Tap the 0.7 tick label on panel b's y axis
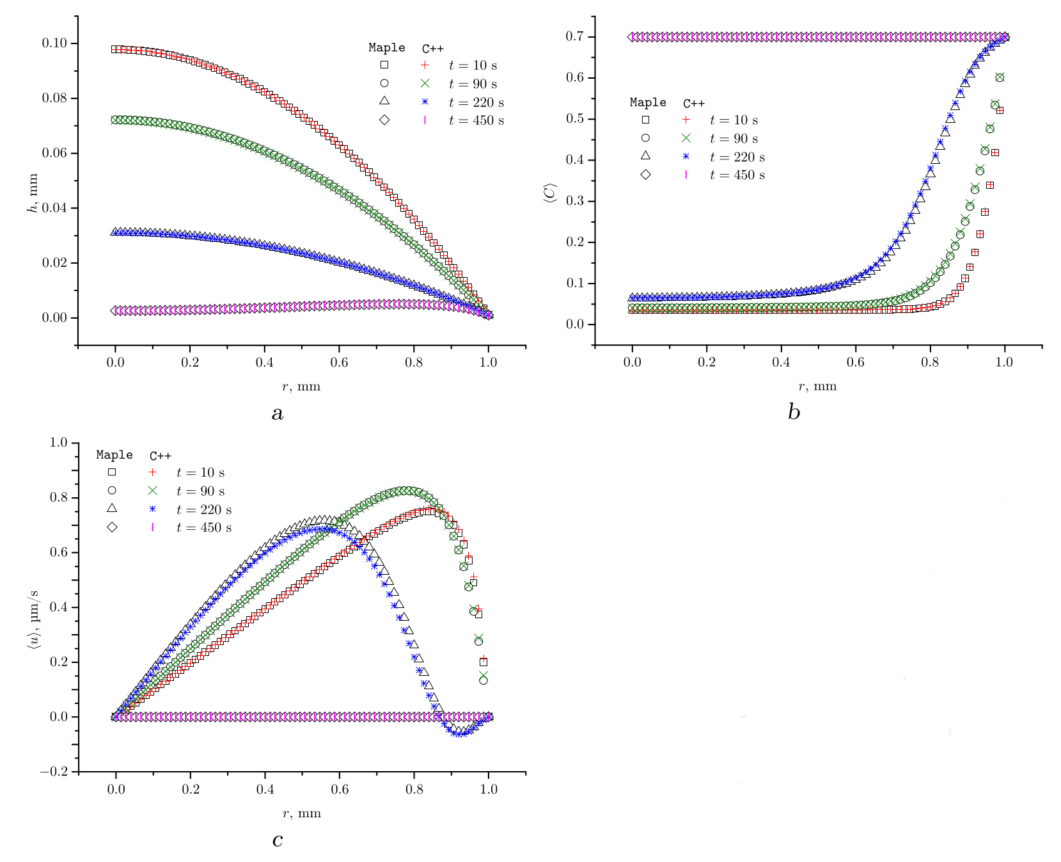575,36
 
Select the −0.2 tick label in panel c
54,772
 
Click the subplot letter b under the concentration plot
794,413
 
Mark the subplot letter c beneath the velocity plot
277,840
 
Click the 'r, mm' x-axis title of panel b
817,387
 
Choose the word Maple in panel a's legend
386,48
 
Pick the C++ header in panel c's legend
161,456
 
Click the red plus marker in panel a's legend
425,65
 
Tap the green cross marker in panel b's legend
686,138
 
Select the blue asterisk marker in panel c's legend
152,509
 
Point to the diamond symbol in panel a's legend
384,120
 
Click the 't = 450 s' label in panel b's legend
737,175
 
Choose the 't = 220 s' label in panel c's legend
203,510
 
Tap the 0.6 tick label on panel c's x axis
340,789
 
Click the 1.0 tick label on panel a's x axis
489,362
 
